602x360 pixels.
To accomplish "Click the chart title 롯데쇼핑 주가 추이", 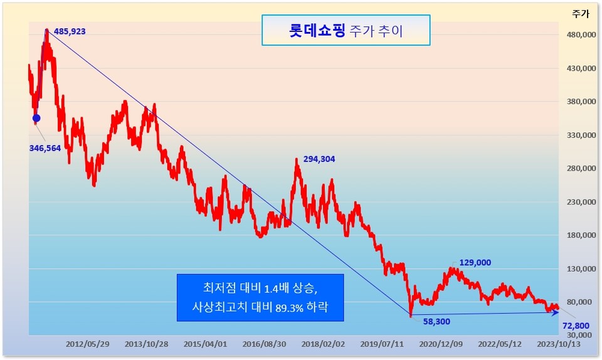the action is pyautogui.click(x=346, y=30).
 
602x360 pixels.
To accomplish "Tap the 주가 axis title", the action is pyautogui.click(x=580, y=14).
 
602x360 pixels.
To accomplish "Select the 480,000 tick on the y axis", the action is pyautogui.click(x=582, y=35).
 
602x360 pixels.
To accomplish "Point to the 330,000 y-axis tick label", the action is pyautogui.click(x=582, y=135).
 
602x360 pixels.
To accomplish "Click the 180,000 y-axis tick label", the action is pyautogui.click(x=582, y=235).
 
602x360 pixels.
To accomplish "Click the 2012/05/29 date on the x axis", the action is pyautogui.click(x=88, y=344).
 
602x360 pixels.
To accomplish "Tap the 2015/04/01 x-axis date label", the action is pyautogui.click(x=206, y=344).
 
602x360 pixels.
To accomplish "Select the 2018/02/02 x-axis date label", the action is pyautogui.click(x=324, y=344).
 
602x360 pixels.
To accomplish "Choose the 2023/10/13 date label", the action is pyautogui.click(x=559, y=344).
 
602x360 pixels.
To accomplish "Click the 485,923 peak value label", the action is pyautogui.click(x=70, y=31).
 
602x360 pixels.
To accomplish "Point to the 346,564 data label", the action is pyautogui.click(x=45, y=148).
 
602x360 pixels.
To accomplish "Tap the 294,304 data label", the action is pyautogui.click(x=319, y=159).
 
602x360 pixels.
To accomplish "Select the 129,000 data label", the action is pyautogui.click(x=475, y=263).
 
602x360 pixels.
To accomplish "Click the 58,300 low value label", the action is pyautogui.click(x=436, y=322).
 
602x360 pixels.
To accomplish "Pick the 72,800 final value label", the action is pyautogui.click(x=576, y=326).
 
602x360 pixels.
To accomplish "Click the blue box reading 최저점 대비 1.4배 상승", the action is pyautogui.click(x=260, y=297).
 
